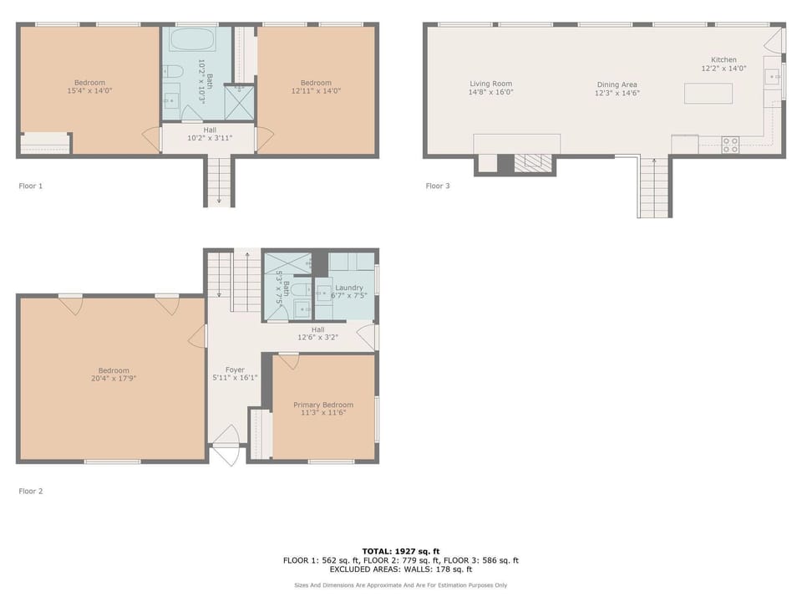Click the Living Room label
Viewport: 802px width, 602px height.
click(490, 84)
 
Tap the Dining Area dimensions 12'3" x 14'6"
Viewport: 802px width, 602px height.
click(617, 93)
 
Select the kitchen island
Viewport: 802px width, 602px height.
click(708, 94)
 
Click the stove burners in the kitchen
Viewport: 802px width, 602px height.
click(730, 145)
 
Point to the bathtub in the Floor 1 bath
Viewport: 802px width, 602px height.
click(192, 39)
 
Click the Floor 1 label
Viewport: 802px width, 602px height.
click(31, 186)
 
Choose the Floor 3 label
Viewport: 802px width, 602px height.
click(438, 186)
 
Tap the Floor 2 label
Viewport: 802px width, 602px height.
click(31, 491)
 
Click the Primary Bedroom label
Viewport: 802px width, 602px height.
click(323, 405)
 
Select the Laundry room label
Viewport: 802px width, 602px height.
click(349, 288)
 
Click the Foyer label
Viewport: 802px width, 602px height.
click(235, 370)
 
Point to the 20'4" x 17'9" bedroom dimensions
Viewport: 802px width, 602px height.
click(114, 379)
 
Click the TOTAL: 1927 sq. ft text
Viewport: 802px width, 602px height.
click(400, 551)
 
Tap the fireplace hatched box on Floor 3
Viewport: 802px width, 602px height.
click(533, 162)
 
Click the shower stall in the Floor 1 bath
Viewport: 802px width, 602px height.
click(239, 102)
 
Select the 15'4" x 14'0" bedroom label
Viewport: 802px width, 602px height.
click(89, 86)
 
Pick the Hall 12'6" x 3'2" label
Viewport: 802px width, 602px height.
click(317, 334)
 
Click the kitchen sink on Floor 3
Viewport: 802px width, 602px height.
click(772, 77)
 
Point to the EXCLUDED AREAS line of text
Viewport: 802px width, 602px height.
click(400, 569)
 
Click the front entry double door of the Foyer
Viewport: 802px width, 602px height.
click(227, 446)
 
